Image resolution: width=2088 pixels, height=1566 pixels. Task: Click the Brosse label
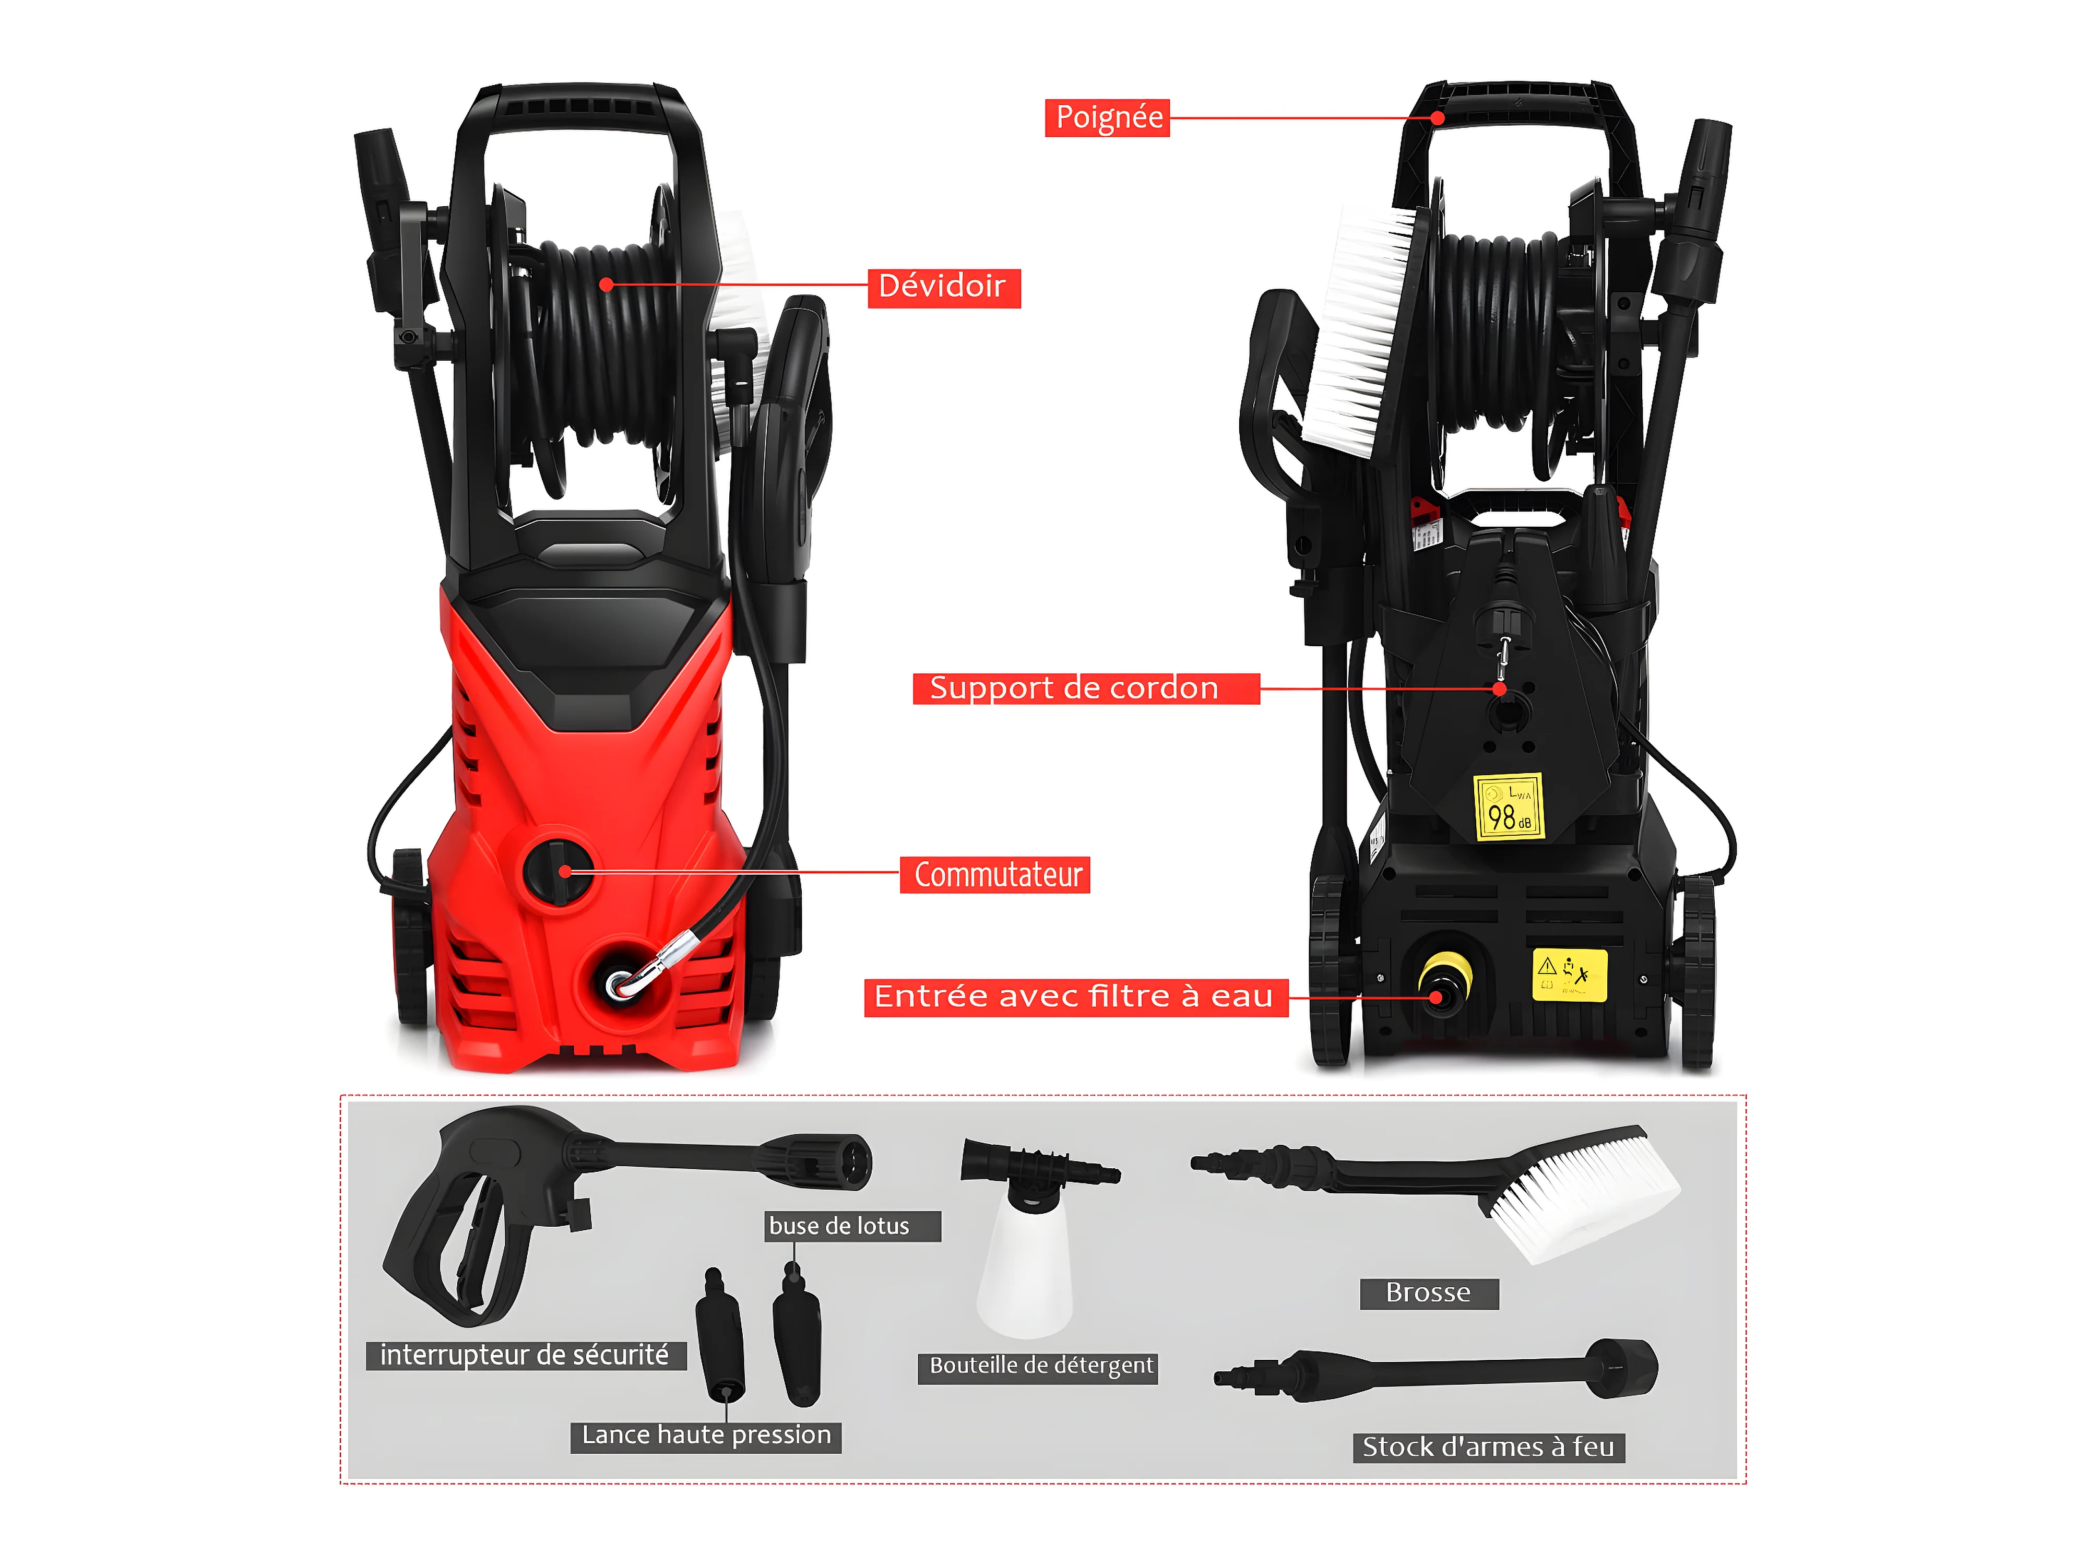tap(1428, 1293)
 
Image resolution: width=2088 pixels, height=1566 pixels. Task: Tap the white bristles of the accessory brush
tap(1586, 1199)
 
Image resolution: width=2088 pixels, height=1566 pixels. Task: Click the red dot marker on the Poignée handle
tap(1437, 118)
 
